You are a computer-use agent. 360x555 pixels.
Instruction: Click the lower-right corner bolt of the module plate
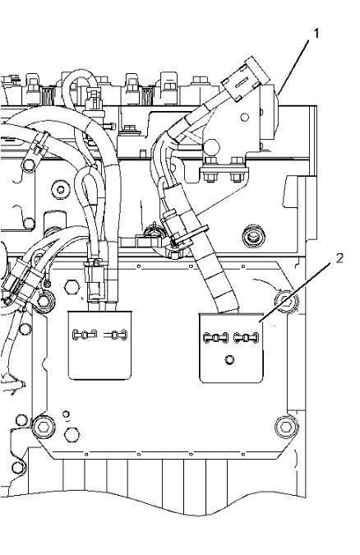pyautogui.click(x=284, y=427)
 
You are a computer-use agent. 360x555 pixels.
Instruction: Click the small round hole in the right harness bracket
pyautogui.click(x=229, y=358)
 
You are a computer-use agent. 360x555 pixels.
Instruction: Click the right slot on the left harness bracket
pyautogui.click(x=116, y=335)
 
